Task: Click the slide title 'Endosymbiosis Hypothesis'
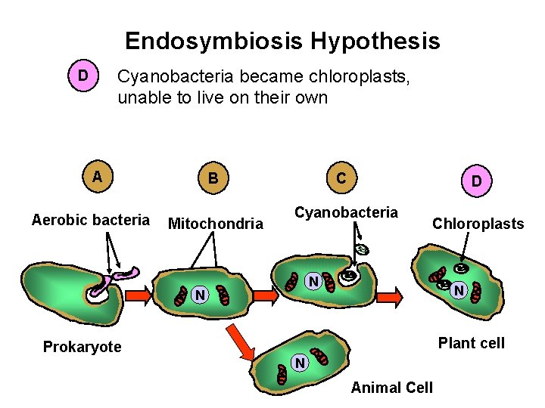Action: pyautogui.click(x=282, y=41)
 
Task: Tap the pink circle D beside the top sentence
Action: pyautogui.click(x=83, y=76)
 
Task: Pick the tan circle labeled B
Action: pyautogui.click(x=213, y=178)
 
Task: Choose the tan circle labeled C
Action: pyautogui.click(x=342, y=178)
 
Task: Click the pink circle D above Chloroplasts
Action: pyautogui.click(x=476, y=181)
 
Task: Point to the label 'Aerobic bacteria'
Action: pyautogui.click(x=91, y=221)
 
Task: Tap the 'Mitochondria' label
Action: pyautogui.click(x=215, y=224)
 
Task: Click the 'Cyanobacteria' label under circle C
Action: pyautogui.click(x=346, y=212)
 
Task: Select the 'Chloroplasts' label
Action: pyautogui.click(x=478, y=224)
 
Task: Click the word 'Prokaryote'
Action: pyautogui.click(x=82, y=347)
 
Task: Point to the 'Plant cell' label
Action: pyautogui.click(x=472, y=343)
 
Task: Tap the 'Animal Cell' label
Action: pyautogui.click(x=392, y=388)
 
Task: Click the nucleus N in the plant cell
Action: pyautogui.click(x=457, y=289)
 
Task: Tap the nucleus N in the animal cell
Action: pyautogui.click(x=300, y=364)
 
